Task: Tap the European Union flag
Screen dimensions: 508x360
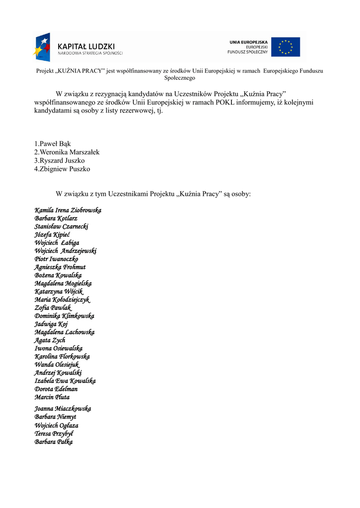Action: tap(285, 47)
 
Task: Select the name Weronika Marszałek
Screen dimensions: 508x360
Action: tap(67, 152)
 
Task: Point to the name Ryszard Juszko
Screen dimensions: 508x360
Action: tap(59, 161)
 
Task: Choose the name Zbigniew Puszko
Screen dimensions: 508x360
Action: tap(62, 169)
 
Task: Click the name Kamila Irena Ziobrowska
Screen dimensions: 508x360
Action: tap(68, 210)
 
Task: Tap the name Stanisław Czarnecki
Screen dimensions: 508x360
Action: tap(61, 227)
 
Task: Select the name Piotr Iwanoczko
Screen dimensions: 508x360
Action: tap(56, 259)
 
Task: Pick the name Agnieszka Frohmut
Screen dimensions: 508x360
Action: tap(60, 267)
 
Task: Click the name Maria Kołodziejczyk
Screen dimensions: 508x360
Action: tap(62, 300)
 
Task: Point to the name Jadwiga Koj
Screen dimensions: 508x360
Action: tap(51, 324)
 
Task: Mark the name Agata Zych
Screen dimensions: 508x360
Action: tap(50, 340)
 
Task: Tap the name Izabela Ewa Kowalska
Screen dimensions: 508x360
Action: tap(65, 381)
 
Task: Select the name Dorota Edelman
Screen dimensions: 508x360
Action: tap(56, 389)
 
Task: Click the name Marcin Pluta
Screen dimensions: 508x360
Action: tap(52, 397)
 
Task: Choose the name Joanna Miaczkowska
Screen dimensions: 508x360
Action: tap(63, 409)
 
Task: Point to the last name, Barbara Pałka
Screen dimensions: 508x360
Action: tap(54, 442)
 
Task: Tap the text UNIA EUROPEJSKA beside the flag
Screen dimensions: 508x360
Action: tap(248, 42)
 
